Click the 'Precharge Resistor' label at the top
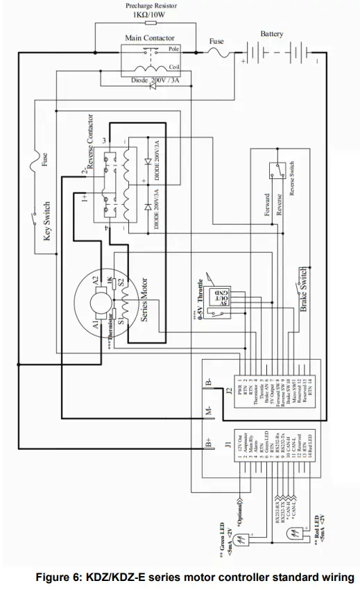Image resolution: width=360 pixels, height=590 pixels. [x=151, y=5]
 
